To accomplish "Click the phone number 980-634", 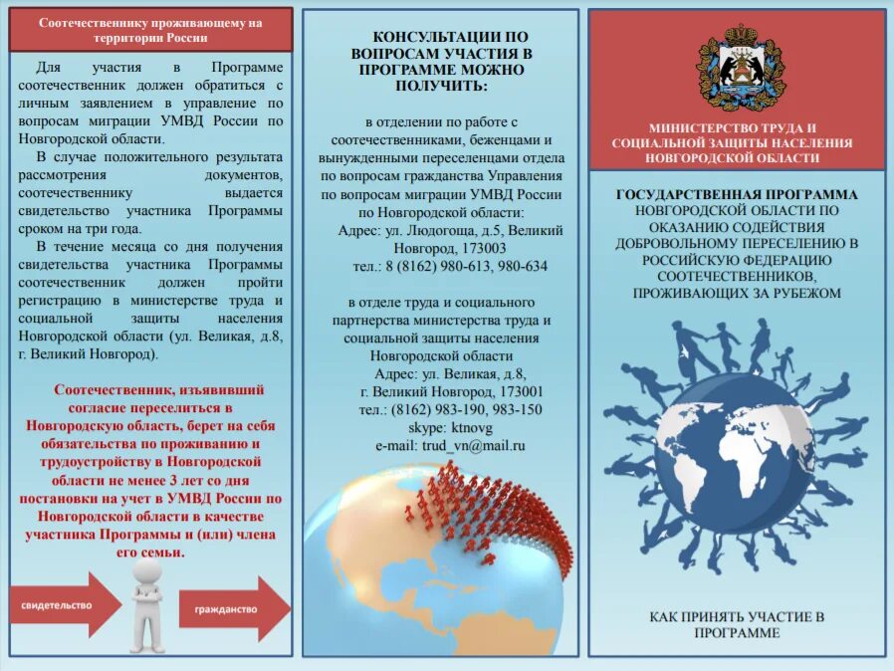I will [x=524, y=266].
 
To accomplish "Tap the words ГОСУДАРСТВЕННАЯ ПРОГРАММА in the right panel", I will [x=737, y=194].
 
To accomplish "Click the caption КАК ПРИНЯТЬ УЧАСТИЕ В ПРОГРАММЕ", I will [x=738, y=624].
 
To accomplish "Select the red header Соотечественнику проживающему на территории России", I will [x=151, y=31].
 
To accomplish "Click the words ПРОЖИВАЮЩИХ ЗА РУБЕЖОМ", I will [x=737, y=293].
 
